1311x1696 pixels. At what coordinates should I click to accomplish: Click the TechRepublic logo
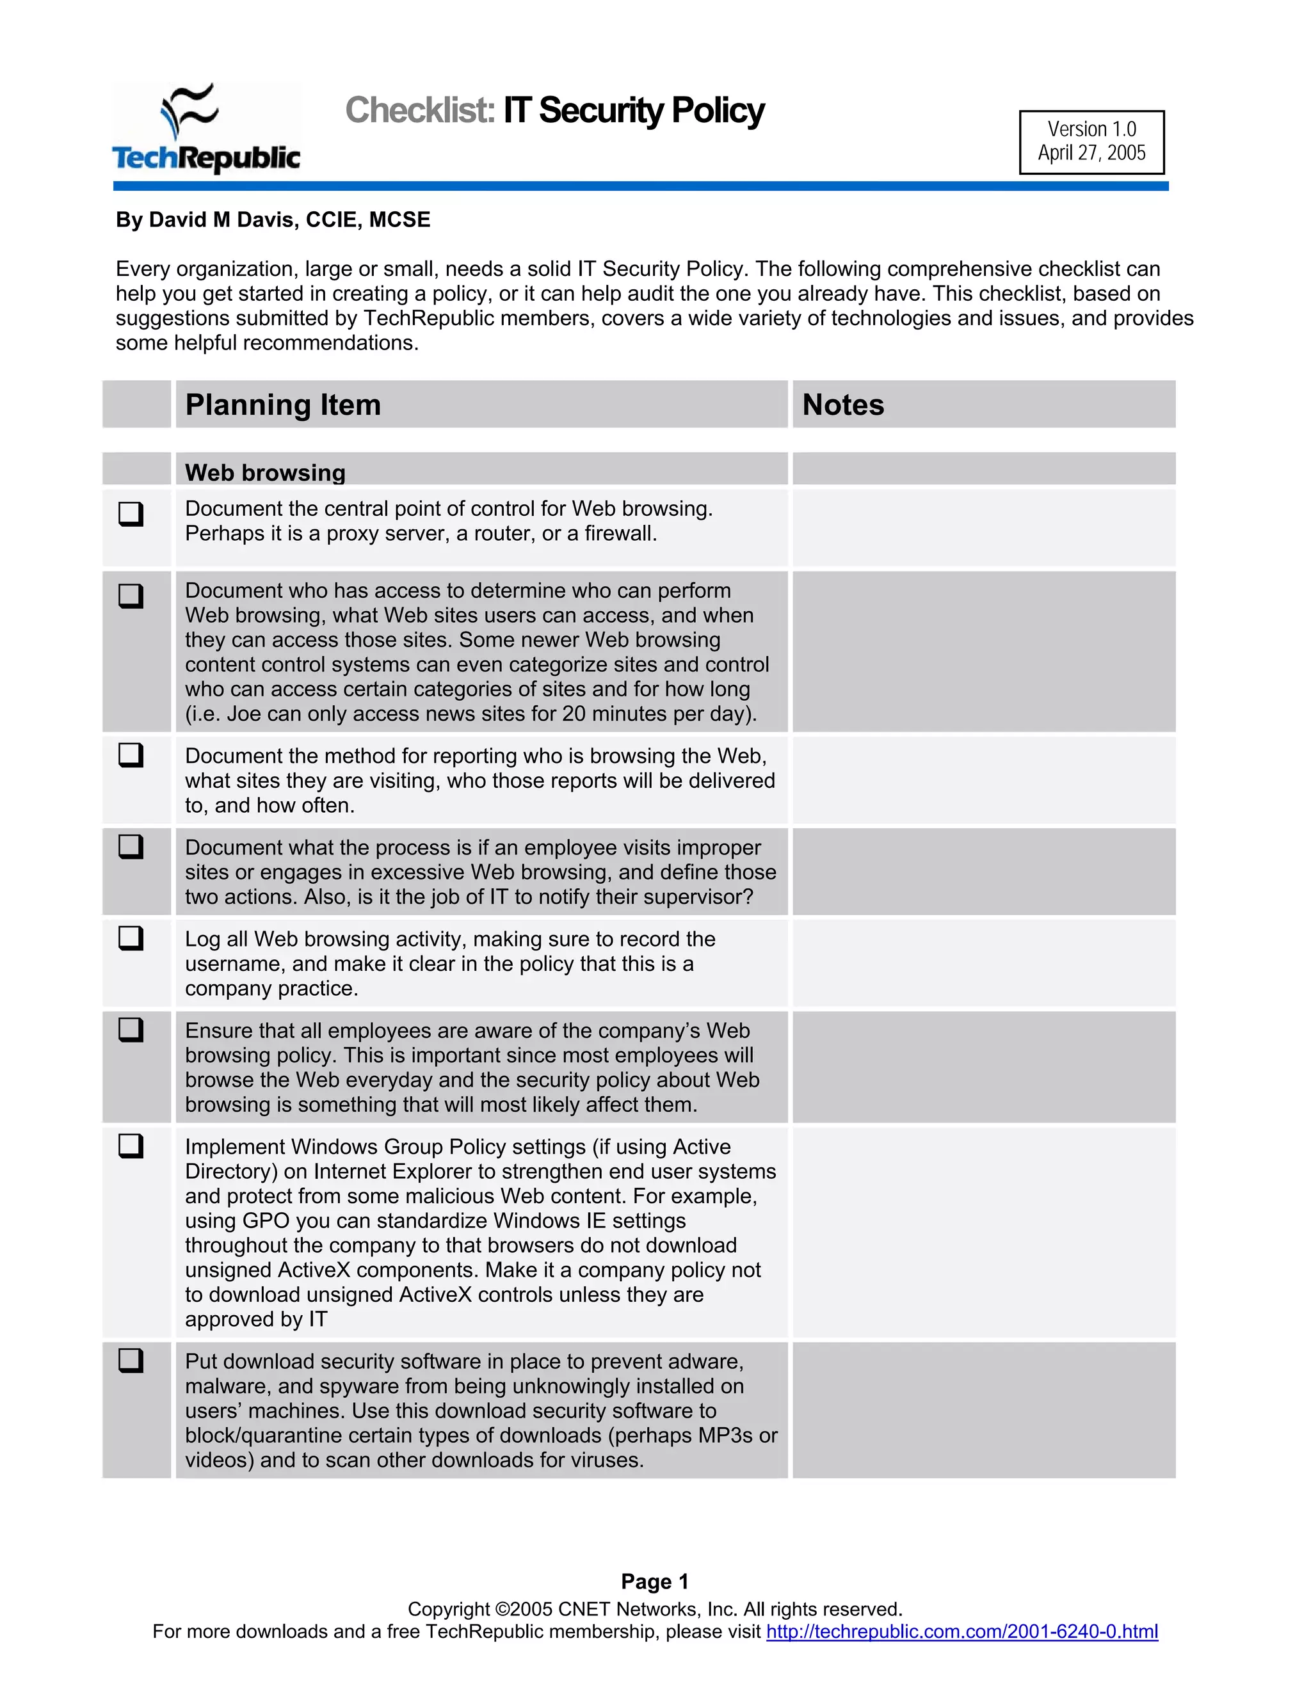(x=206, y=129)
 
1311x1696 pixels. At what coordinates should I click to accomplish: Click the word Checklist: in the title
(x=419, y=110)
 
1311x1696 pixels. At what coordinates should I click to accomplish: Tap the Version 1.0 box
(x=1091, y=141)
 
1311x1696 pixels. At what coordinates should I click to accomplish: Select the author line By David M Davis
(x=273, y=220)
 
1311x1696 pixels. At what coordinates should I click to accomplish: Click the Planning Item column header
(x=284, y=404)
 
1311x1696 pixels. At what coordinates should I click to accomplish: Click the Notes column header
(x=842, y=404)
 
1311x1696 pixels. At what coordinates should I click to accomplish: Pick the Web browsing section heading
(x=265, y=472)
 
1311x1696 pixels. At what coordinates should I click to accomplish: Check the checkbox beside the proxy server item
(x=131, y=513)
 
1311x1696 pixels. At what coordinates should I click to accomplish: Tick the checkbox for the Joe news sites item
(x=131, y=596)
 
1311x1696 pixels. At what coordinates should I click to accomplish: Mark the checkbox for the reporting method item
(x=131, y=755)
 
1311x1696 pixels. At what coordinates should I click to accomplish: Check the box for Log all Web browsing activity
(x=131, y=938)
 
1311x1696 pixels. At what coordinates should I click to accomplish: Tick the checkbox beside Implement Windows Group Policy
(x=131, y=1146)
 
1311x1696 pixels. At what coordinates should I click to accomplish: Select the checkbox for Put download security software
(x=131, y=1361)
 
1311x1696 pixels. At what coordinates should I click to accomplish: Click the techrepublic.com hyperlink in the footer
(x=961, y=1631)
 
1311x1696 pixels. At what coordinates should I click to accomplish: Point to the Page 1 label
(x=655, y=1582)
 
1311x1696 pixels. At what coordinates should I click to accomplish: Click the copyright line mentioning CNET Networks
(x=655, y=1609)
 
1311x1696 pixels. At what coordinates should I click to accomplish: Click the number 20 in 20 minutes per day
(x=573, y=714)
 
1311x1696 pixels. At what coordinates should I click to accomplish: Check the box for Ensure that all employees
(x=131, y=1030)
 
